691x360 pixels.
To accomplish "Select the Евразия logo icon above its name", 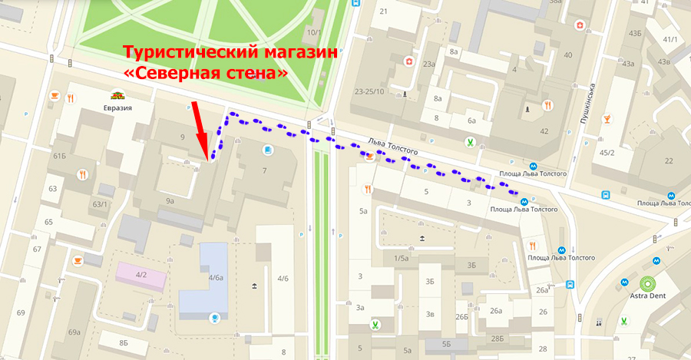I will click(x=117, y=95).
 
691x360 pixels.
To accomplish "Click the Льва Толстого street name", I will click(x=392, y=144).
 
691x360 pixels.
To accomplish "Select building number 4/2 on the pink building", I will click(x=141, y=274).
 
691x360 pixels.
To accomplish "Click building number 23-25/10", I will click(x=369, y=91).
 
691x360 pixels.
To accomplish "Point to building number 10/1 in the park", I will click(x=314, y=32).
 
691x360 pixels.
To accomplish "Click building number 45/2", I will click(x=607, y=152).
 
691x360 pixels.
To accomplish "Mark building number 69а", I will click(x=74, y=332).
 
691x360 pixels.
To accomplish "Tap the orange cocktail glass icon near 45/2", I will click(x=607, y=119).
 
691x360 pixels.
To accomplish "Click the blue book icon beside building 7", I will click(x=268, y=149).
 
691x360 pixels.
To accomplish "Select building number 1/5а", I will click(x=402, y=258).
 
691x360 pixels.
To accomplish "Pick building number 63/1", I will click(x=100, y=204).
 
